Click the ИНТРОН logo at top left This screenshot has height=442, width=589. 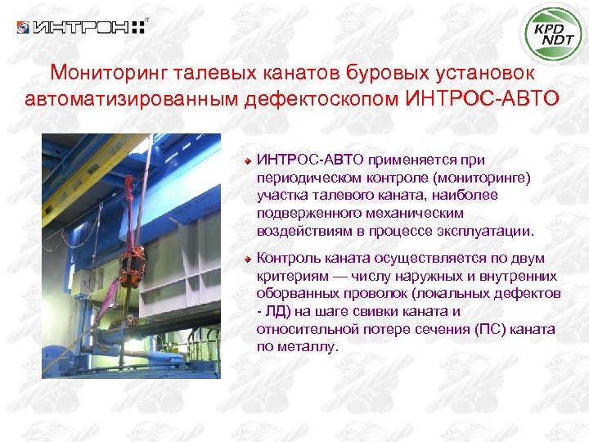82,27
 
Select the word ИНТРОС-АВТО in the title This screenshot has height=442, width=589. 483,99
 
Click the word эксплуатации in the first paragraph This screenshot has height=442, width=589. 487,231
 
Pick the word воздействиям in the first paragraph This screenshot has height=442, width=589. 299,231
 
